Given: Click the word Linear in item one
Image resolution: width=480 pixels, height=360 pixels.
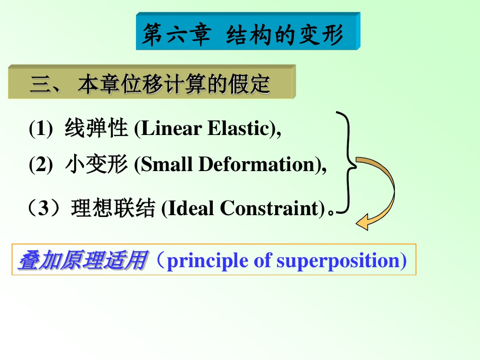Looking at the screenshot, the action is point(171,128).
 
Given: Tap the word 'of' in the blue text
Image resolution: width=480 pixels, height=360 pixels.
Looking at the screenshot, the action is point(262,261).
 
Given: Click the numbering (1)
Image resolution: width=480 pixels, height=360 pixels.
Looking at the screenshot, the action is point(41,128).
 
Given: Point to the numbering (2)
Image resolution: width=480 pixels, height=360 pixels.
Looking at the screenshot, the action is point(41,164).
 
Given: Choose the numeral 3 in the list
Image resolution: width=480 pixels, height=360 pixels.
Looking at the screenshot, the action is point(43,208).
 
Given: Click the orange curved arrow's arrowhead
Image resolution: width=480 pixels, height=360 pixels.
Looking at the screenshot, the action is point(363,222).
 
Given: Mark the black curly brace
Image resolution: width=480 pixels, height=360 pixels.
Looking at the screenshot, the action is point(349,162).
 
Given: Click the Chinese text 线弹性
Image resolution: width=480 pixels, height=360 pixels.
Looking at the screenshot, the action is point(96,127).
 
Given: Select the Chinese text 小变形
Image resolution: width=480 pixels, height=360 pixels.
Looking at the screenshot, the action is point(96,164).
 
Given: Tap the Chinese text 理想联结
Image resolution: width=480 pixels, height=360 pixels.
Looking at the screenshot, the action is point(113,208).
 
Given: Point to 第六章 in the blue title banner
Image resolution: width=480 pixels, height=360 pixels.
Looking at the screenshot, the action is point(177,34).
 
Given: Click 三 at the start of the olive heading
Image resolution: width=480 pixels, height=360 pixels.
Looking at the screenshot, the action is point(40,84).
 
